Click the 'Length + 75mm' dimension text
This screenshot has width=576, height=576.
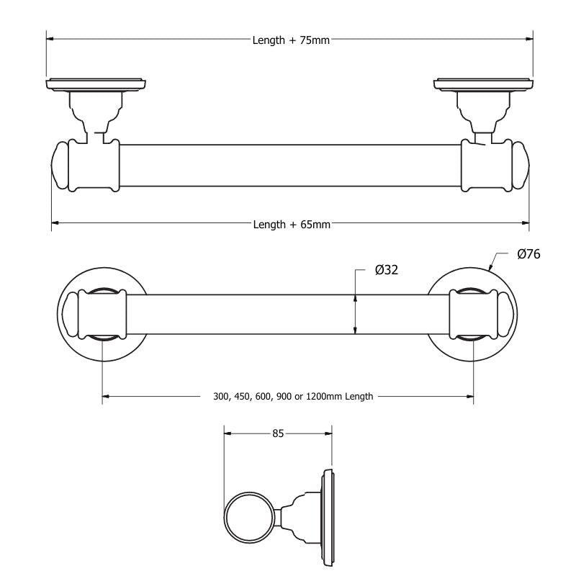pyautogui.click(x=291, y=40)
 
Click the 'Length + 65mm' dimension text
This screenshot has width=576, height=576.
pyautogui.click(x=292, y=225)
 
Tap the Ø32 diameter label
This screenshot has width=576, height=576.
pyautogui.click(x=387, y=270)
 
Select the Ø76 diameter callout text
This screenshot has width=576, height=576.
pyautogui.click(x=528, y=253)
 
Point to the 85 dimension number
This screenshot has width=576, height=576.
pyautogui.click(x=279, y=433)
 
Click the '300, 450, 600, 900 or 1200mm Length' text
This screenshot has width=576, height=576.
pyautogui.click(x=293, y=396)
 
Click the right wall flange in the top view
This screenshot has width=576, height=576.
pyautogui.click(x=484, y=85)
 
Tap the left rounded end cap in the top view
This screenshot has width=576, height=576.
pyautogui.click(x=59, y=166)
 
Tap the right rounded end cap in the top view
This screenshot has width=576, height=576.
pyautogui.click(x=521, y=166)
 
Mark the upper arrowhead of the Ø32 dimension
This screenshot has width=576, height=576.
pyautogui.click(x=355, y=297)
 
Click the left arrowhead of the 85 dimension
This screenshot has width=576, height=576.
pyautogui.click(x=228, y=433)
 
